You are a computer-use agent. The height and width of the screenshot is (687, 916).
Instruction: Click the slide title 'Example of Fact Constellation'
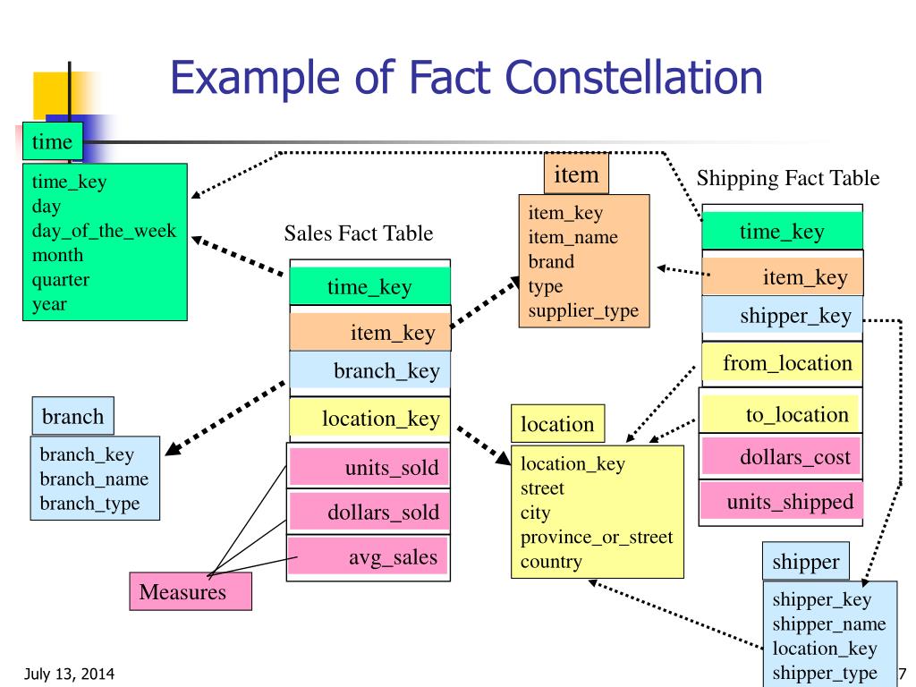click(x=465, y=79)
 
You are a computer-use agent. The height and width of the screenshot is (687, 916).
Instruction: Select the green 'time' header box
click(x=52, y=140)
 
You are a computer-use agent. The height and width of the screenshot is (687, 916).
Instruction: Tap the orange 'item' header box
click(x=576, y=175)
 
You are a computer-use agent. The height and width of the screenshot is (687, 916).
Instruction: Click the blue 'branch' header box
click(x=73, y=416)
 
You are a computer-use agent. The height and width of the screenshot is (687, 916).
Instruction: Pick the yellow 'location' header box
click(x=556, y=424)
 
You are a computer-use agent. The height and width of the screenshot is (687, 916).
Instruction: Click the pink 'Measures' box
click(x=191, y=591)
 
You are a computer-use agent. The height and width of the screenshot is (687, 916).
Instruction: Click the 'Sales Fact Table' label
click(x=359, y=234)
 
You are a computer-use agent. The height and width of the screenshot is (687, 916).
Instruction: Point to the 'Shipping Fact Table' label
click(x=788, y=179)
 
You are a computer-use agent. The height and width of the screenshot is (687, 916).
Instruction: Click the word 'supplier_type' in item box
click(x=583, y=310)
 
